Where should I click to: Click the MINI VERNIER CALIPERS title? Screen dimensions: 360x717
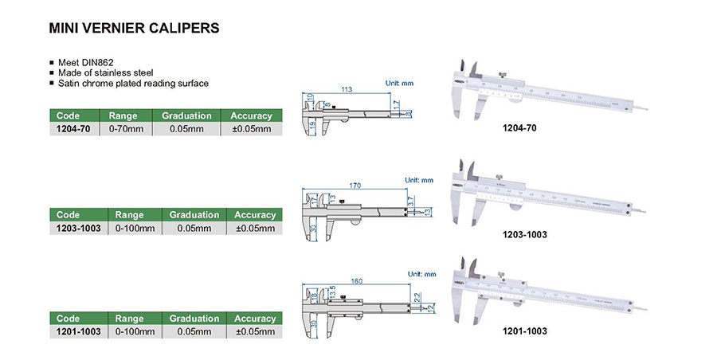[134, 28]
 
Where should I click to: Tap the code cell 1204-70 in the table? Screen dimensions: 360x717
[74, 128]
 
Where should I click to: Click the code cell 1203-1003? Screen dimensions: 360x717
[77, 228]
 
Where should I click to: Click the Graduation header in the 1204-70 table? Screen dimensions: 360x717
[186, 115]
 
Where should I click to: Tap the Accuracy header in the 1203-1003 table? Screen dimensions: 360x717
[255, 215]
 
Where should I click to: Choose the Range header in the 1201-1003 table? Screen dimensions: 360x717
[129, 318]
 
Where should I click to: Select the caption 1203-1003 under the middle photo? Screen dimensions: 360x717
[525, 234]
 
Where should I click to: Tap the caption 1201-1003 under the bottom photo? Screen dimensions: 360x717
[525, 330]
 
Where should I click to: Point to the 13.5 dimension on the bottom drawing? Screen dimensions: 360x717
[331, 290]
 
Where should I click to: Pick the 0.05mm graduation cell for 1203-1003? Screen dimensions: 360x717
[194, 228]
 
